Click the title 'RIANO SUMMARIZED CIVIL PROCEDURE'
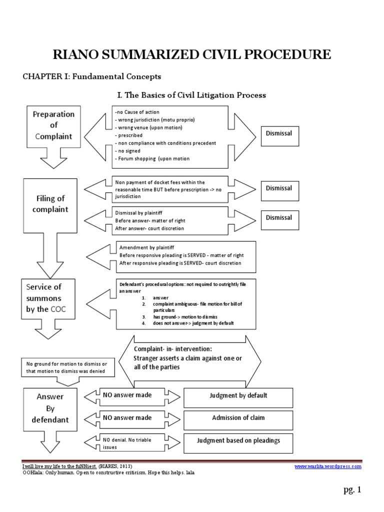(x=191, y=54)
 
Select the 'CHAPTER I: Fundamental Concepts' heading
(x=92, y=76)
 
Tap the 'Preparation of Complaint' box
(x=53, y=125)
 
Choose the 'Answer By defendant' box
(x=49, y=408)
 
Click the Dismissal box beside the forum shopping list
(x=279, y=133)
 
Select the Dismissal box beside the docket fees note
(x=279, y=188)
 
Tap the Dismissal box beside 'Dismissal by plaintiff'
(x=279, y=218)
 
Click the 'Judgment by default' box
(x=238, y=396)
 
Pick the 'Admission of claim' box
(x=238, y=418)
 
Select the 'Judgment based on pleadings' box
(x=238, y=441)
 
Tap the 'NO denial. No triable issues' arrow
(x=127, y=442)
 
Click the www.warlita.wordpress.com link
(x=327, y=466)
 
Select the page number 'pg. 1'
(x=352, y=490)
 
